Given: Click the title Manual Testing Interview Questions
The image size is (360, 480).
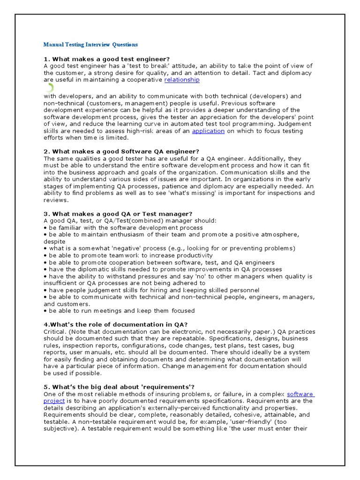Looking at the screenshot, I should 90,45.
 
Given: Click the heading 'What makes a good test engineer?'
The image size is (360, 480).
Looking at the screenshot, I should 107,59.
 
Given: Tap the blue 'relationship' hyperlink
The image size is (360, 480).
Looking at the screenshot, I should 181,80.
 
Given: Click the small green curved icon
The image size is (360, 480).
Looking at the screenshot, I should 51,87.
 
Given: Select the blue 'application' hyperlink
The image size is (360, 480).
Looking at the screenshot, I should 208,131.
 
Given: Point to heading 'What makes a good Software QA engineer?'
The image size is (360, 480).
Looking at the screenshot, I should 121,151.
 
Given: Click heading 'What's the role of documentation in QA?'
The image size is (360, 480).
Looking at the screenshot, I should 115,324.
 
